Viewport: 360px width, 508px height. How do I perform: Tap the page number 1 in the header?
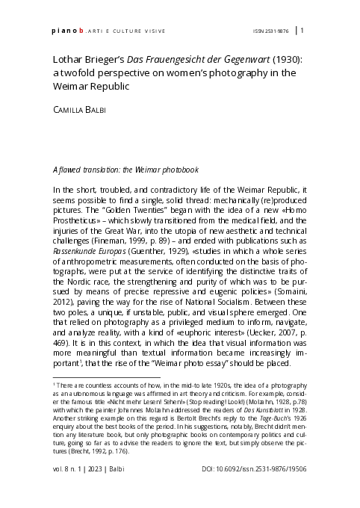pyautogui.click(x=302, y=31)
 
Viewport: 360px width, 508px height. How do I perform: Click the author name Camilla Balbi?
pyautogui.click(x=80, y=109)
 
